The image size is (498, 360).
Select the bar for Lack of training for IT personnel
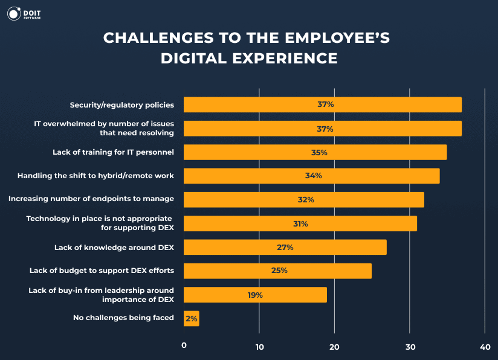click(x=314, y=152)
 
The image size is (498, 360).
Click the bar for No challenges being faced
click(x=191, y=318)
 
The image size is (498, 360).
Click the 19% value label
click(x=254, y=295)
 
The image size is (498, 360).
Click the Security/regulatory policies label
click(x=121, y=105)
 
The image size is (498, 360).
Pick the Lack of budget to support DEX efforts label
click(x=102, y=271)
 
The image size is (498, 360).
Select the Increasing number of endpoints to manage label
click(x=91, y=199)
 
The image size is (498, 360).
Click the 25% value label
click(x=279, y=271)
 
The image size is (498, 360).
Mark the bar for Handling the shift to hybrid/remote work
click(x=311, y=176)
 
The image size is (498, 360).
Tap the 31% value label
click(x=300, y=223)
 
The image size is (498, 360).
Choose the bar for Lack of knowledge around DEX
click(x=285, y=247)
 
